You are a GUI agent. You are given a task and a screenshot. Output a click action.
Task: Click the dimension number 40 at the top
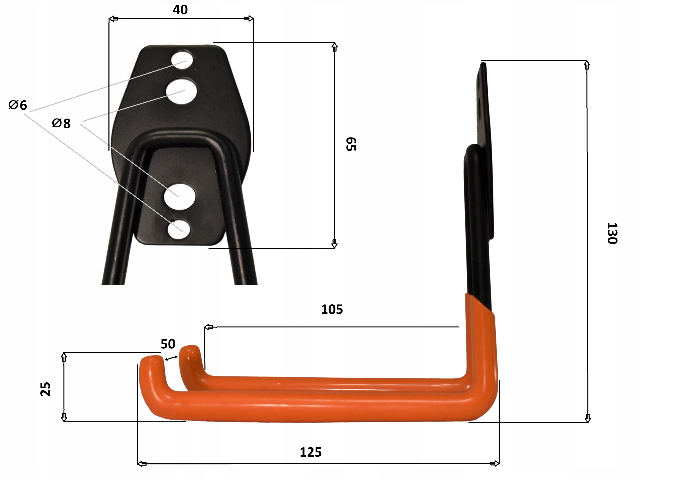[x=180, y=10]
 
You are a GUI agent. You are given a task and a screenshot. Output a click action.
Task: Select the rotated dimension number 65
[x=351, y=144]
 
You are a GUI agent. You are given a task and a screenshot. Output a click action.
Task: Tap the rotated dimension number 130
[x=612, y=233]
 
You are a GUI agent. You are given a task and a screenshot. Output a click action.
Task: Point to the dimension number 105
[x=332, y=309]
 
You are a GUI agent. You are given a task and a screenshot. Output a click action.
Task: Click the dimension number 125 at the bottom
[x=310, y=452]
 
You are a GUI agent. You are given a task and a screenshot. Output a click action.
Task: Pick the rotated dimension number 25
[x=45, y=389]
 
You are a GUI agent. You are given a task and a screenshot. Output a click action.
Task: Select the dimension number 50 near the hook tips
[x=168, y=344]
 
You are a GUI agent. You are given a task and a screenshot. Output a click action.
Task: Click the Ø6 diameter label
[x=18, y=105]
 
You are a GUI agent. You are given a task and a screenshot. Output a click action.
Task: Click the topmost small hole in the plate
[x=182, y=60]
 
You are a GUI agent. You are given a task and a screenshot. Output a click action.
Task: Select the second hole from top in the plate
[x=181, y=91]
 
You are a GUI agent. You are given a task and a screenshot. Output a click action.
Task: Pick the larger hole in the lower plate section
[x=180, y=197]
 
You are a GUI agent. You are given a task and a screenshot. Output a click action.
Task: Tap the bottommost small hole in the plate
[x=179, y=230]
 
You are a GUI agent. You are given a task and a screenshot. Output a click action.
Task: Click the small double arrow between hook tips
[x=171, y=358]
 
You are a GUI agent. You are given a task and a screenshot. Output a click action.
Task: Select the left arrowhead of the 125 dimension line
[x=142, y=464]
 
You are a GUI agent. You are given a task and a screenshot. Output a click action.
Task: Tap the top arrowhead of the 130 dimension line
[x=587, y=65]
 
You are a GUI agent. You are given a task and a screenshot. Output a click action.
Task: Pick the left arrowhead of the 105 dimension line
[x=208, y=327]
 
